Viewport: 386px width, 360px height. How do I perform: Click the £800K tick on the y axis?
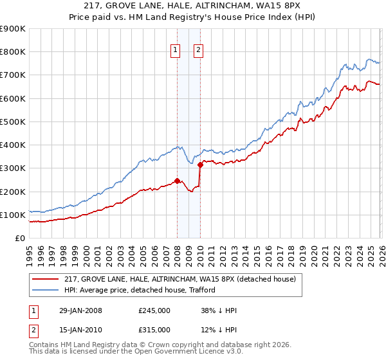[13, 52]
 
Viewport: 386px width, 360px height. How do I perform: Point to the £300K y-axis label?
[13, 168]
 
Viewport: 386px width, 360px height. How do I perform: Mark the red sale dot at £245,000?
[177, 181]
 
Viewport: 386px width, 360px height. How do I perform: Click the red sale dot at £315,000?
[200, 165]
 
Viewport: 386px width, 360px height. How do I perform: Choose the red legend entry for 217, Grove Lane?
[179, 278]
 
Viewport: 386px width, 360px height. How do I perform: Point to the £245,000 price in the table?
[154, 310]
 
